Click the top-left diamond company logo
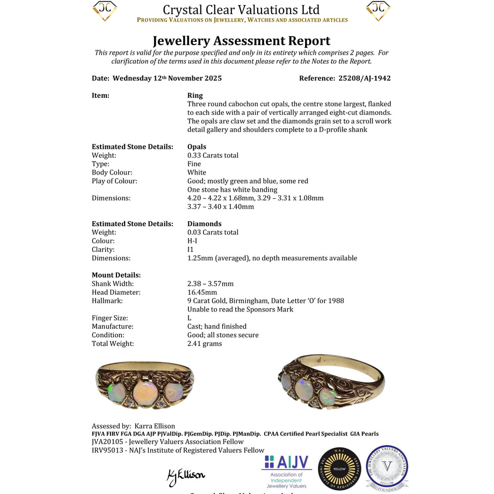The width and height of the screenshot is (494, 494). (105, 11)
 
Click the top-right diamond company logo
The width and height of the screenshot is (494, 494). (378, 11)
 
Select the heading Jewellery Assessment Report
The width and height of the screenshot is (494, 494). (241, 41)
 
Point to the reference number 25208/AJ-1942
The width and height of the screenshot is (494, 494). (364, 78)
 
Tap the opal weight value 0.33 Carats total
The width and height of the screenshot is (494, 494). (213, 155)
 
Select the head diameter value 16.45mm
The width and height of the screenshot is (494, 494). (202, 292)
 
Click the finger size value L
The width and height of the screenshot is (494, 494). (190, 318)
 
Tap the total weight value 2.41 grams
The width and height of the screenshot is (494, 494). (205, 344)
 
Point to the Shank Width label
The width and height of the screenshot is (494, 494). (113, 284)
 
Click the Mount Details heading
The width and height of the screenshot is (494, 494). (116, 275)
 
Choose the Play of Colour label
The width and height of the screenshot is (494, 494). (114, 181)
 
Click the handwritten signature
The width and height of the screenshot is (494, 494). (185, 475)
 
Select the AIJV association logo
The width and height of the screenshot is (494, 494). (286, 471)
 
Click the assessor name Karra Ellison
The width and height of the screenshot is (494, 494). (155, 426)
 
